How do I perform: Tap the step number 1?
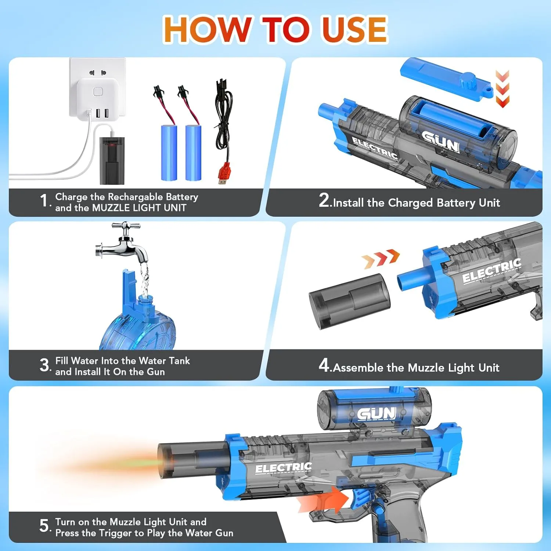[x=44, y=201]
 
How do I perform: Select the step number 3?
[x=44, y=365]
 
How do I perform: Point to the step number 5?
[x=44, y=526]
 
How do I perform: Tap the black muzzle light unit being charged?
[x=112, y=161]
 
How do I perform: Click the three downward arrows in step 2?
[x=502, y=89]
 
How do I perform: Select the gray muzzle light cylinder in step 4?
[x=349, y=301]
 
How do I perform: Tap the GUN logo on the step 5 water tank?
[x=377, y=414]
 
